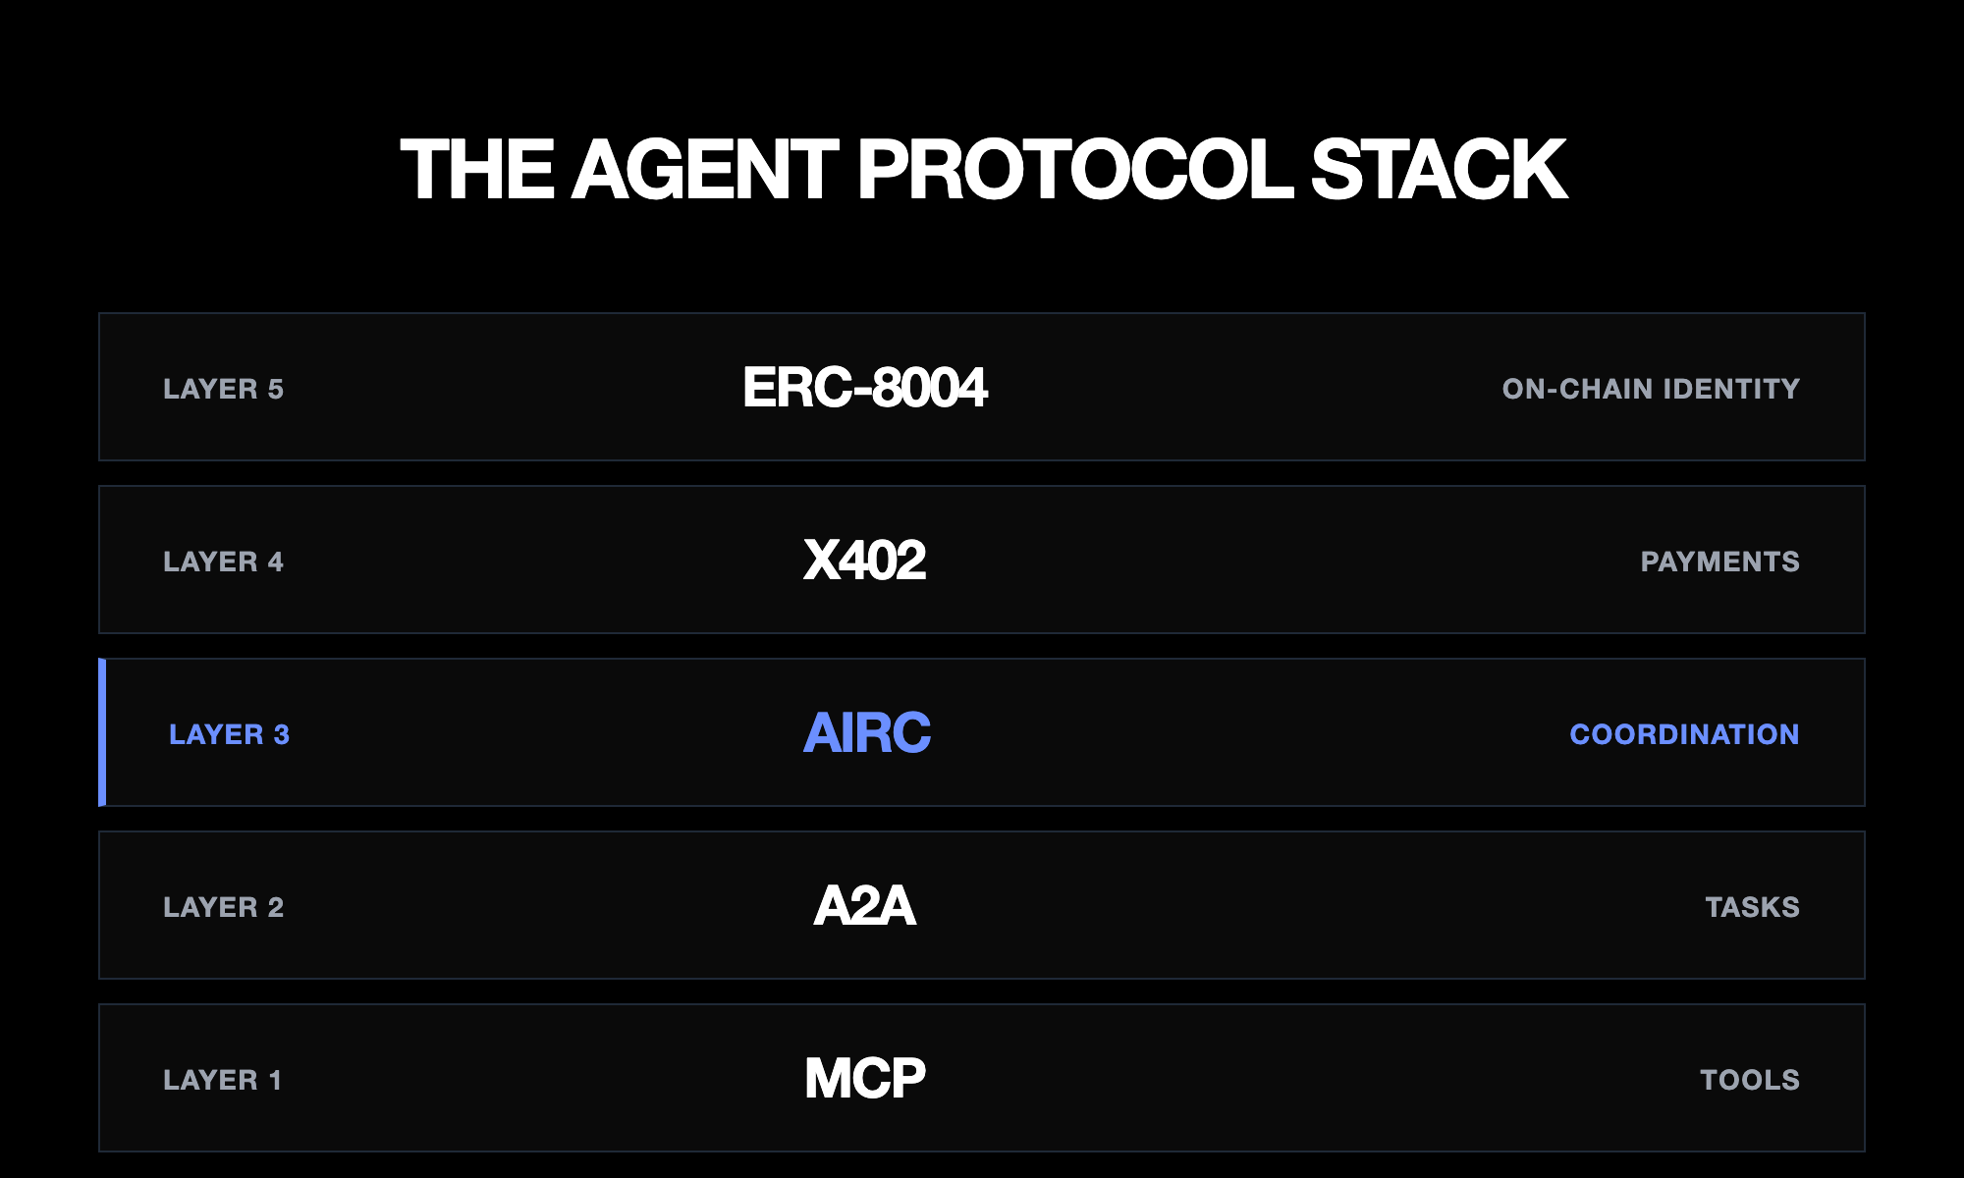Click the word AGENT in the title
click(x=705, y=170)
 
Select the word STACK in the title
click(x=1439, y=170)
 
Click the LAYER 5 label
click(x=223, y=389)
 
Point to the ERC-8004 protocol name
click(x=864, y=388)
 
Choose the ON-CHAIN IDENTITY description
click(x=1651, y=389)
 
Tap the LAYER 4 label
click(x=223, y=562)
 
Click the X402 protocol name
click(x=864, y=561)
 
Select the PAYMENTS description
click(x=1719, y=562)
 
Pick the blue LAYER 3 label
click(x=229, y=734)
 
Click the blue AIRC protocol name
click(x=866, y=733)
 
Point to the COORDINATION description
click(x=1684, y=734)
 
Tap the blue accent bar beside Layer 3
click(x=102, y=732)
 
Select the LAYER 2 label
click(x=223, y=907)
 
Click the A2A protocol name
click(x=864, y=906)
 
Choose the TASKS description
click(x=1752, y=907)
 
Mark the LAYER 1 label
click(x=222, y=1080)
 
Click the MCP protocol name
click(x=864, y=1079)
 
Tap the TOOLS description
click(x=1750, y=1080)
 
